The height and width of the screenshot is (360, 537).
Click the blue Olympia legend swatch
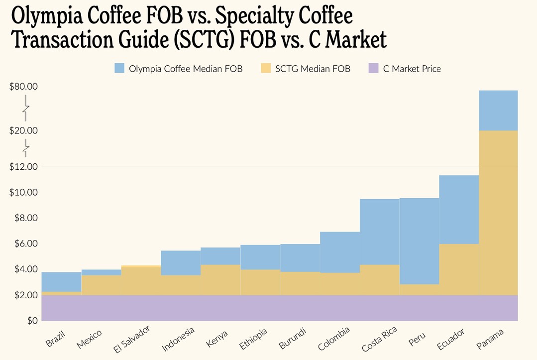(x=119, y=69)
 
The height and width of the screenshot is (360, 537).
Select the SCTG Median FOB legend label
(x=313, y=69)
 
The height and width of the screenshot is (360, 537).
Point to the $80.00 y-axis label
(x=23, y=87)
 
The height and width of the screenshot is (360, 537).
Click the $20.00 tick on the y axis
(x=23, y=131)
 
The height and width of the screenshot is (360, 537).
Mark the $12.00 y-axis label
(x=23, y=167)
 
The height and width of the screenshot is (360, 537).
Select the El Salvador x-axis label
(x=131, y=339)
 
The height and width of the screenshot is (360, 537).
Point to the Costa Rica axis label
(x=379, y=339)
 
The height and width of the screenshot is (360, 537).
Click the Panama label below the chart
(x=490, y=338)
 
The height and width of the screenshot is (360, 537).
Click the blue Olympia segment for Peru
(x=419, y=241)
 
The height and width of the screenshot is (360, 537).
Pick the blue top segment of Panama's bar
(x=498, y=110)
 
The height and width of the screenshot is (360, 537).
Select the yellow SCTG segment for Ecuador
(x=459, y=269)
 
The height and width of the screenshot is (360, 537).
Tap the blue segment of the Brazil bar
(x=61, y=282)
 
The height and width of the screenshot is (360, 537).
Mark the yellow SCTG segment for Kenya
(x=220, y=279)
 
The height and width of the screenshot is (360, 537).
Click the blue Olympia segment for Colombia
(x=340, y=252)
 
